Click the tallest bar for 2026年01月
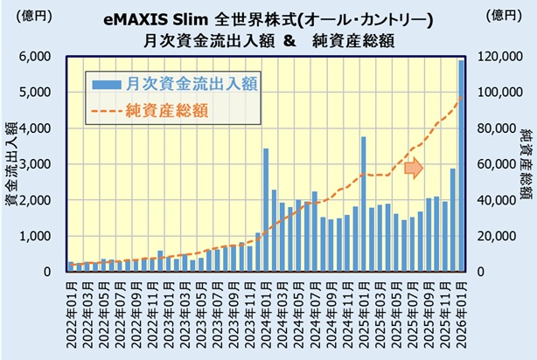tap(462, 166)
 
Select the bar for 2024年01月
tap(266, 210)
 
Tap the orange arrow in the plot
tap(413, 166)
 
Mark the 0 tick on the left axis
tap(52, 272)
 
